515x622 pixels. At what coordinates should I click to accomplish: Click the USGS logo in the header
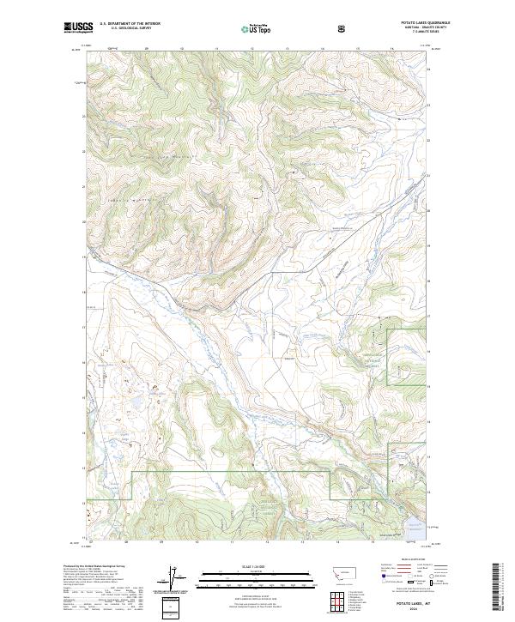(x=78, y=27)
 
